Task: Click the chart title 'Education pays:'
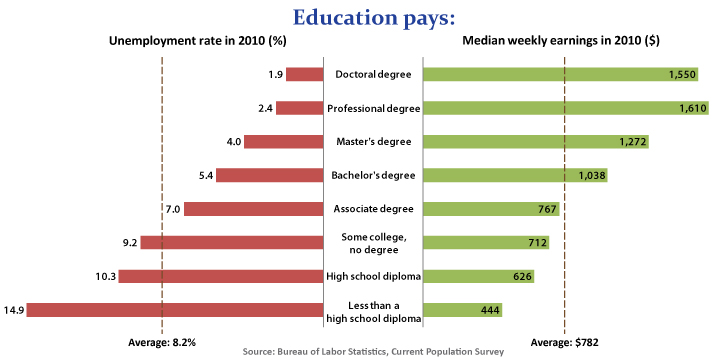[x=360, y=17]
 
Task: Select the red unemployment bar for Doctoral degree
[x=305, y=74]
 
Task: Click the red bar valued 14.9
[x=175, y=310]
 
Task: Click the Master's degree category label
[x=374, y=142]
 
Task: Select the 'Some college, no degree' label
[x=374, y=242]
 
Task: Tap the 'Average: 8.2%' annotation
[x=162, y=343]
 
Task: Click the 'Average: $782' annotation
[x=565, y=343]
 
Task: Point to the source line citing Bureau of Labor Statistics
[x=373, y=352]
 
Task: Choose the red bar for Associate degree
[x=254, y=209]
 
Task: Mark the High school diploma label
[x=374, y=276]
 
